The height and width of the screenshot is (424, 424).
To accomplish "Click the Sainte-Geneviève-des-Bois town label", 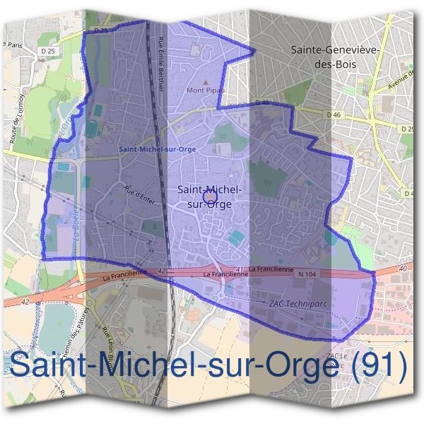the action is point(336,57).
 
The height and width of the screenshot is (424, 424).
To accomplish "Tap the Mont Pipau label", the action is point(204,90).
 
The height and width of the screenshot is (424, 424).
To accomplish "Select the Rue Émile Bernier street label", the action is point(163,63).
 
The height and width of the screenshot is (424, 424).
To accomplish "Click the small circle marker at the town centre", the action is point(208,197).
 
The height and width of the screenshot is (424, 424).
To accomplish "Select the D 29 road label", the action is point(408,129).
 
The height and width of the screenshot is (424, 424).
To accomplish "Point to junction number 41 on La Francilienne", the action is point(241,269).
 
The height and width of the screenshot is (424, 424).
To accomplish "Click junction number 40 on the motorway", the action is point(404,269).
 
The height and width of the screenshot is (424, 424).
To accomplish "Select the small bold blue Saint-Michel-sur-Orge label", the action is point(158,149).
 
